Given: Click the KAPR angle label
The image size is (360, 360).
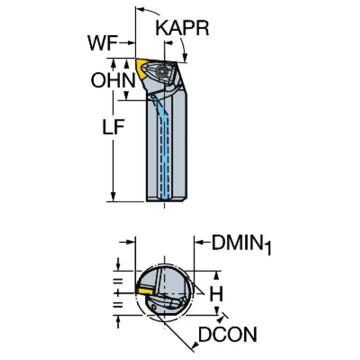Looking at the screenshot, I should pos(182,29).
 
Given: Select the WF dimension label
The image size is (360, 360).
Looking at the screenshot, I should pos(101,45).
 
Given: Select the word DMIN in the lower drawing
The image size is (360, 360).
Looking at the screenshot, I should pos(235,243).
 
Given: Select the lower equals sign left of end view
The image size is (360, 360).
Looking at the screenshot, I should pos(118,305).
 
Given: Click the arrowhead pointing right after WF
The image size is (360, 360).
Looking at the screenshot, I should pos(131,45).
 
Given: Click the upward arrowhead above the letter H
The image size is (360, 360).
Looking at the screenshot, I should pos(216,275).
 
